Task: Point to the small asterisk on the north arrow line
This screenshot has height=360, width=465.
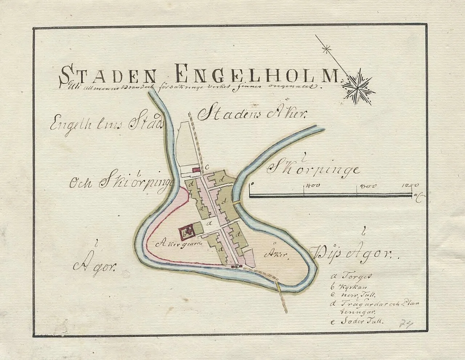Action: tap(328, 49)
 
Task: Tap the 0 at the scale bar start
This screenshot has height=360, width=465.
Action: tap(251, 185)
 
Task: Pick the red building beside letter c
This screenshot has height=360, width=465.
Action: tap(196, 169)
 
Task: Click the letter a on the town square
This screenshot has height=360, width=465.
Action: tap(209, 224)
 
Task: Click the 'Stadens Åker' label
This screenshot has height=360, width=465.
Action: tap(252, 114)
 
